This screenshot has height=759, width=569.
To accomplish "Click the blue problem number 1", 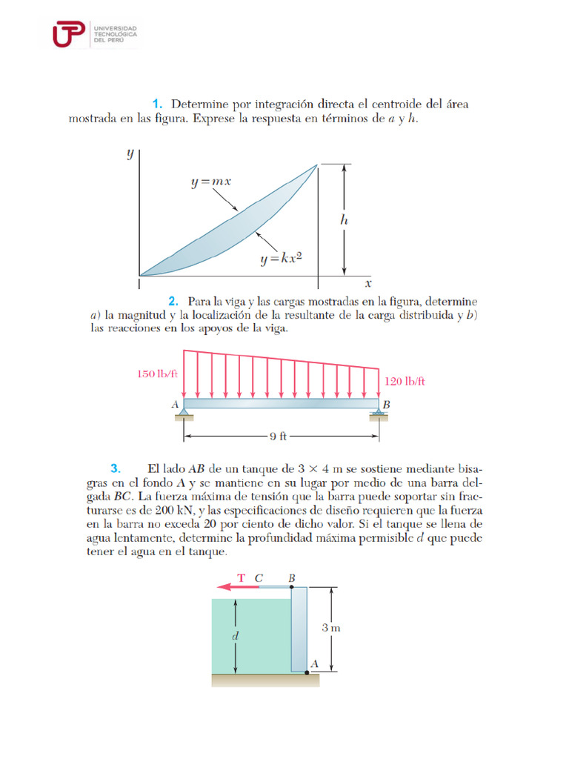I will coord(156,103).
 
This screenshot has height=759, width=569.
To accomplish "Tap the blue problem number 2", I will coord(173,301).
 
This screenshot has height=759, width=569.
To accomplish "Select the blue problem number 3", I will coord(115,468).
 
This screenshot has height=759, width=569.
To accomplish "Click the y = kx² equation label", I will coord(284,259).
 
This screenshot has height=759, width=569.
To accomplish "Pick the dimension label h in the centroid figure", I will coord(344,220).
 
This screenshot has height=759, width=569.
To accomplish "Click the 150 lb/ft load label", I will coord(157,374).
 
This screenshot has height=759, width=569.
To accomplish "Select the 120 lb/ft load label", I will coord(405,381).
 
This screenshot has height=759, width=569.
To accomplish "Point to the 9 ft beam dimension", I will coord(277,437).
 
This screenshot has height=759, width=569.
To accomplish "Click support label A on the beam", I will coord(176,405).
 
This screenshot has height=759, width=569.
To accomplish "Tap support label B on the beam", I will coord(386,405).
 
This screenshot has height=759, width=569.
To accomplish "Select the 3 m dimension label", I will coord(331,628).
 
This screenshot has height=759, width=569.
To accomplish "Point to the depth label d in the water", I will coord(236,635).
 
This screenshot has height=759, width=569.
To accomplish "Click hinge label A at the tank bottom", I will coord(314,664).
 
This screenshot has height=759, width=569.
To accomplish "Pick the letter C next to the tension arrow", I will coord(259,577).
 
